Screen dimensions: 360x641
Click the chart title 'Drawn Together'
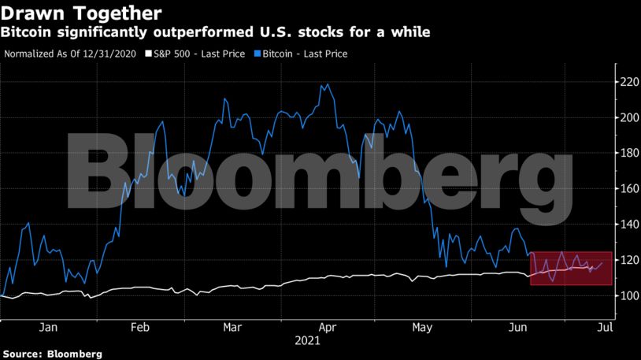[83, 13]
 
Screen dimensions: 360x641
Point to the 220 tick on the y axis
[627, 82]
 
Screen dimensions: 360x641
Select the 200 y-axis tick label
[627, 117]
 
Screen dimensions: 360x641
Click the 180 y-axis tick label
[627, 153]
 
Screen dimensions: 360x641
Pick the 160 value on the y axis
[627, 189]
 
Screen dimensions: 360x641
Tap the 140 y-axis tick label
[627, 225]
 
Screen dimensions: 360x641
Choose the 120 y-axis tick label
[627, 260]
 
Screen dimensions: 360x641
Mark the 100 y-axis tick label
[627, 296]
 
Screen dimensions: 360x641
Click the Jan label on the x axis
[48, 327]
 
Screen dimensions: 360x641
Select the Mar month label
[232, 327]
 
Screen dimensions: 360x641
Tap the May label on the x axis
[423, 327]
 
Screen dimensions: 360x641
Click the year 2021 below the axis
[307, 343]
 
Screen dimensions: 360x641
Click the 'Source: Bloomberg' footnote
[51, 354]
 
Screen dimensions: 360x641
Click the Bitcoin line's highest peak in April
[326, 84]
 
